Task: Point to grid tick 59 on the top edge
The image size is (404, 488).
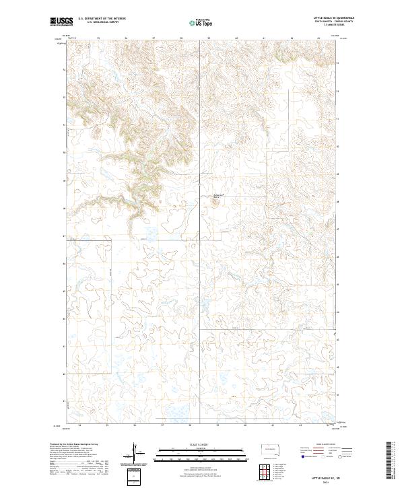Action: pos(209,38)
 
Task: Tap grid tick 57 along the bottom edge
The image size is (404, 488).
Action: pos(163,425)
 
